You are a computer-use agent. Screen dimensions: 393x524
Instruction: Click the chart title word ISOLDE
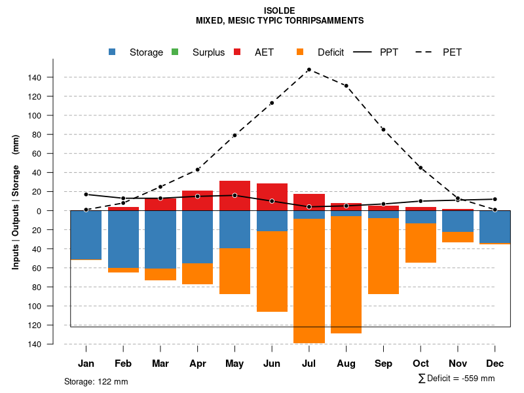point(280,10)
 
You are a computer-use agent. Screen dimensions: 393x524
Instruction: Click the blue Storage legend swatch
point(112,52)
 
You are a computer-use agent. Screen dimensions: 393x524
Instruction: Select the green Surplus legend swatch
point(175,52)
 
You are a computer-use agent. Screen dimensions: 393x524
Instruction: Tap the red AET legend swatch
point(237,52)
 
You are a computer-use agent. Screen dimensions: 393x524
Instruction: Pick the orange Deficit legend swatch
point(300,52)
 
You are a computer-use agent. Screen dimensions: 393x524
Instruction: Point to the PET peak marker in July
point(309,69)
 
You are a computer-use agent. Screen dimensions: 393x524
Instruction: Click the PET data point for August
point(346,86)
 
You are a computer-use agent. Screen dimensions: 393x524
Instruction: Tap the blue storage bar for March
point(160,239)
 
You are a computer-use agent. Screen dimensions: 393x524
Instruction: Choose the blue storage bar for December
point(495,227)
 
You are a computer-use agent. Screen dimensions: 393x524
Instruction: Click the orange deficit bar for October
point(421,243)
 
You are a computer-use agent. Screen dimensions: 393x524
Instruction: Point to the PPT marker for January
point(86,195)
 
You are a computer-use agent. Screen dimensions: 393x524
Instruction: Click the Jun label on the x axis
point(272,364)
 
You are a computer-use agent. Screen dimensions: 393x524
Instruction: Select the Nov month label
point(458,364)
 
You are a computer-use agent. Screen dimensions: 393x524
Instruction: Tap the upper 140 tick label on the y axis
point(35,78)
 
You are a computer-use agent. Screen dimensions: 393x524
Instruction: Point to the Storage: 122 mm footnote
point(96,381)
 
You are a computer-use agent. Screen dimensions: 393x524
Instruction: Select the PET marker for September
point(383,130)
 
